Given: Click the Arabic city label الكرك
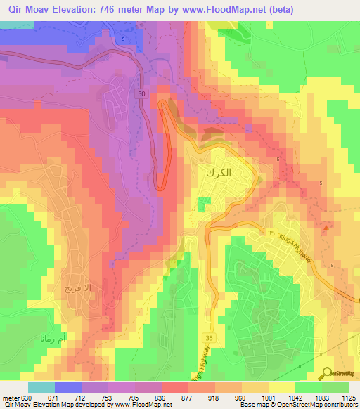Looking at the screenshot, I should (x=218, y=171).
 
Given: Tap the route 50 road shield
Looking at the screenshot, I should (x=141, y=94).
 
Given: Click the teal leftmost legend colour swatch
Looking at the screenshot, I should (x=41, y=387).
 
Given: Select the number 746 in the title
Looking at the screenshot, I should (x=103, y=9).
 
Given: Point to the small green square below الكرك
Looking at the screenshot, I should (x=203, y=203).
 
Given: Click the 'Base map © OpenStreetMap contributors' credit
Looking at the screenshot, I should (x=298, y=405).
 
